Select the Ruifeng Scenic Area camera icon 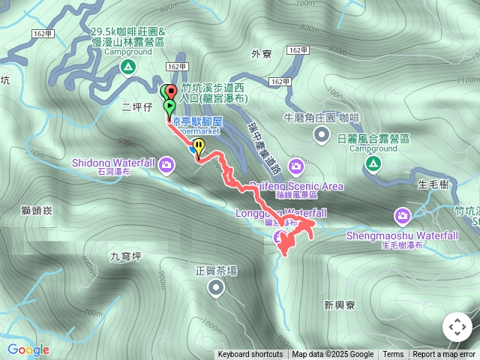(x=296, y=166)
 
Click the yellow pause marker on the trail (x=199, y=145)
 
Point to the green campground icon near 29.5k (x=128, y=68)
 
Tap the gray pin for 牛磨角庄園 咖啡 (x=322, y=135)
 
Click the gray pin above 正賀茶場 (x=216, y=288)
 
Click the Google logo (x=28, y=349)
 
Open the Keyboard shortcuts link (x=250, y=355)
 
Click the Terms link (x=393, y=355)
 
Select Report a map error (x=444, y=355)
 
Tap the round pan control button (x=457, y=327)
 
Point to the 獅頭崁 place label (x=37, y=211)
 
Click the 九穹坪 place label (x=126, y=256)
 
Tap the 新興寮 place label (x=339, y=304)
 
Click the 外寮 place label (x=261, y=54)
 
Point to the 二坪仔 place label (x=136, y=107)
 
